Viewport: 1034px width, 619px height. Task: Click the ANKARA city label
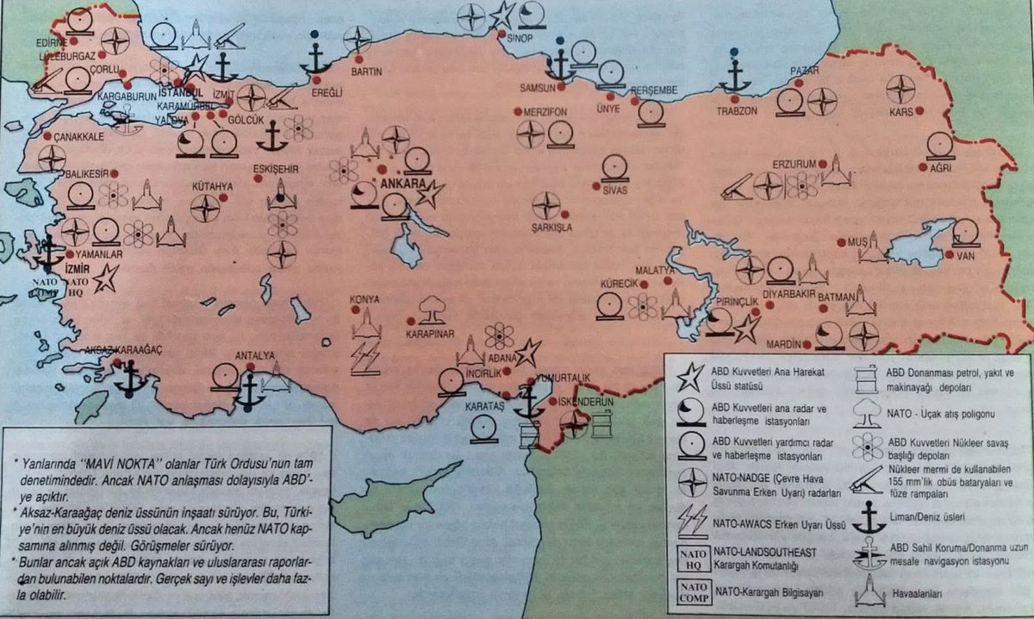pos(392,184)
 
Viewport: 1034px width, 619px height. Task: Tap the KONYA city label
pos(364,299)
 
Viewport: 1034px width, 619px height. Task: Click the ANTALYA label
pos(255,355)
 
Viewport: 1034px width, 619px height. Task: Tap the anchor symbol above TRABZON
pos(735,75)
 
